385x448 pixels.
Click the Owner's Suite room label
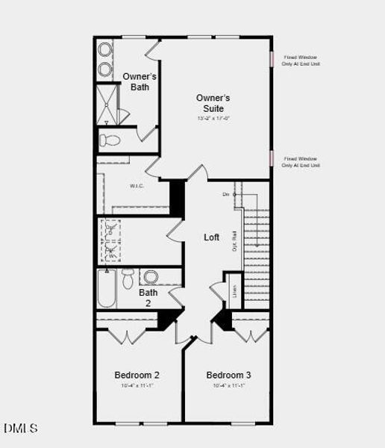click(x=213, y=103)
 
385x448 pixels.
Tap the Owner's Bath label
click(x=140, y=81)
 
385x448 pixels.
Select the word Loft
click(x=212, y=237)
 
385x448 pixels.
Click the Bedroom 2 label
click(x=137, y=375)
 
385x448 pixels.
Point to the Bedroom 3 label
click(x=228, y=375)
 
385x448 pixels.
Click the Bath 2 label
click(x=148, y=298)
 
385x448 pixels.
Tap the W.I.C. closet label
click(x=137, y=186)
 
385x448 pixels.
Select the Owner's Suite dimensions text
click(x=213, y=118)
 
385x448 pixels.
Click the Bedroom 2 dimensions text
click(x=137, y=386)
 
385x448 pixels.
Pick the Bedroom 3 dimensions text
click(x=228, y=386)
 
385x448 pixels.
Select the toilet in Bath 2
click(x=128, y=279)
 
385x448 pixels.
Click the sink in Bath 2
click(x=151, y=276)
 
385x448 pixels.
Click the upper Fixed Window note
click(x=301, y=60)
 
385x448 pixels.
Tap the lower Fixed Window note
click(x=301, y=162)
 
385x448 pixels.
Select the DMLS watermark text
click(x=20, y=429)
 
